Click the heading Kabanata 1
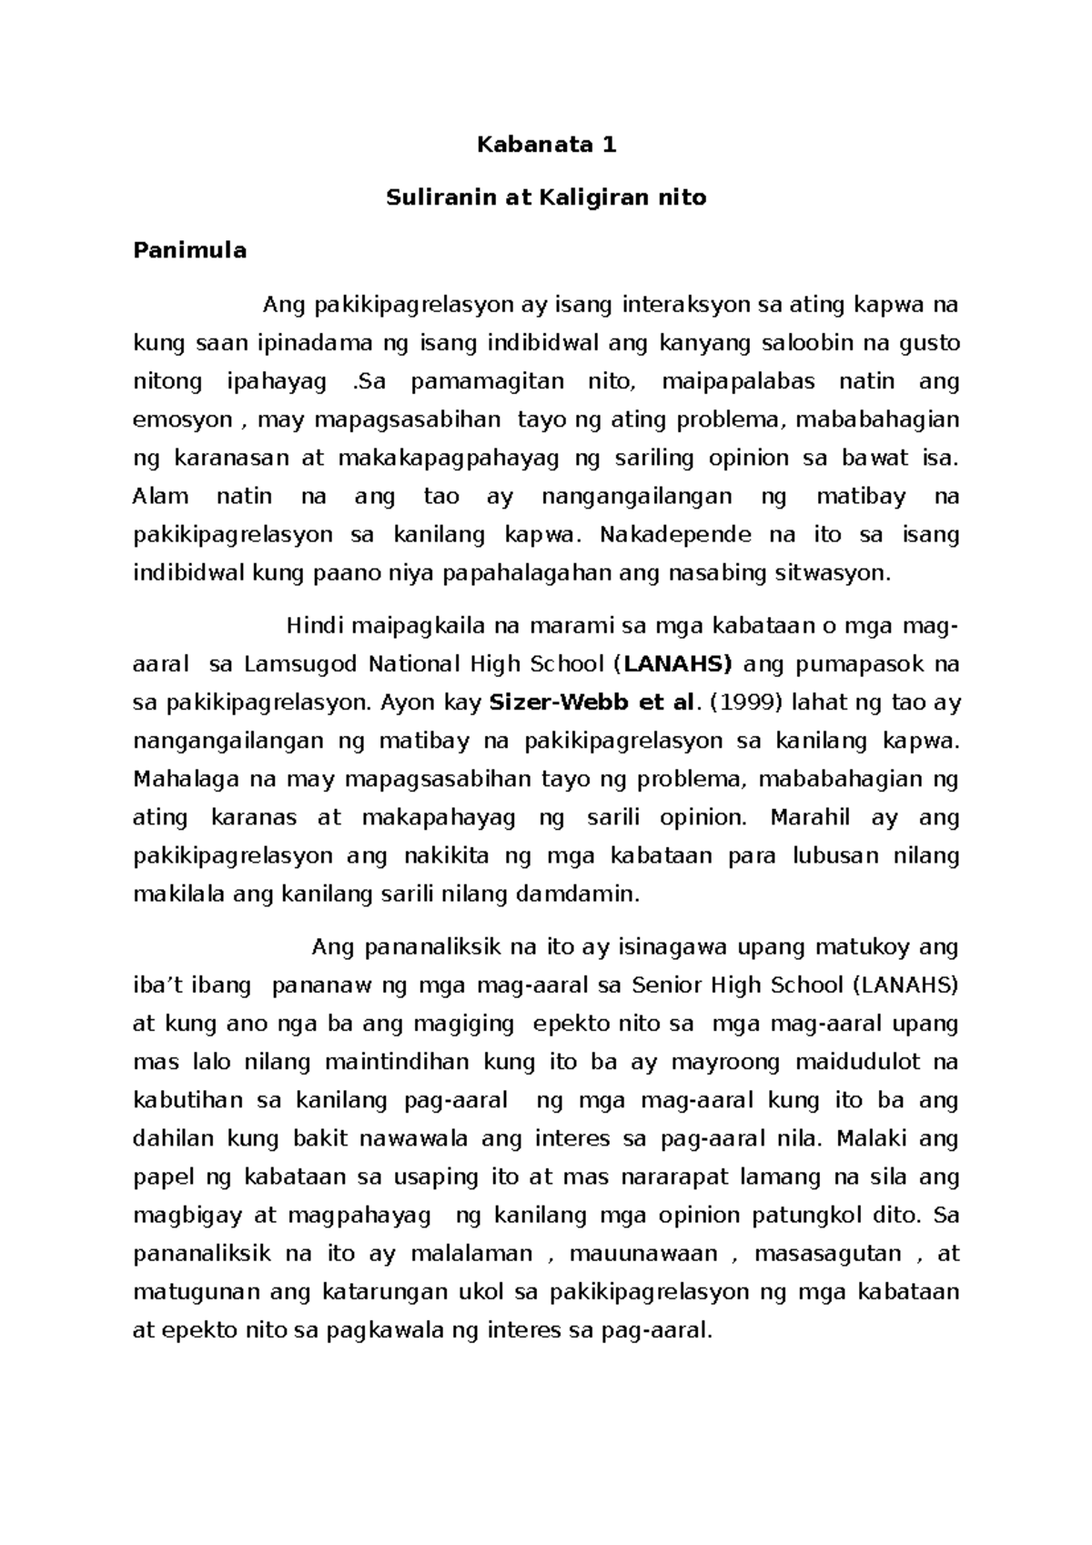[x=547, y=145]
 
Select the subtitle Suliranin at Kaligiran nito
[x=546, y=197]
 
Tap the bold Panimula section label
[x=189, y=251]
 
